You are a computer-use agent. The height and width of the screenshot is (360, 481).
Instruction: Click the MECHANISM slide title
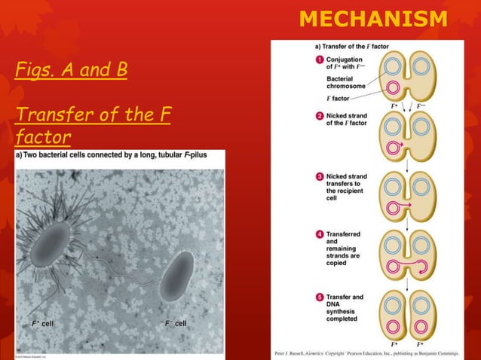[372, 18]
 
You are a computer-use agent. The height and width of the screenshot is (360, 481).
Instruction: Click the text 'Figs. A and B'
[71, 71]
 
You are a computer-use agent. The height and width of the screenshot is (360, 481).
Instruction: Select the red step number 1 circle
[320, 59]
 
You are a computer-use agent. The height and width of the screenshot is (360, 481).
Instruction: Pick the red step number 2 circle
[320, 117]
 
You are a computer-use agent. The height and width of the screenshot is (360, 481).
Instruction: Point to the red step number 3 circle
[320, 176]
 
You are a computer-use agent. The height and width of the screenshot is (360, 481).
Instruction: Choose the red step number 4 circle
[320, 234]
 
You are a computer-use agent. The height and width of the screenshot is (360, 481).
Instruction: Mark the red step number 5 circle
[320, 297]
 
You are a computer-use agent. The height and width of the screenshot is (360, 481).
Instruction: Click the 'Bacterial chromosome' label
[345, 82]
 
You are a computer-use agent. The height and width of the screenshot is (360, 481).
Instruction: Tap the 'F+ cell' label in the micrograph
[42, 323]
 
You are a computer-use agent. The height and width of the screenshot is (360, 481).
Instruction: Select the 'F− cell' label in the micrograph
[176, 323]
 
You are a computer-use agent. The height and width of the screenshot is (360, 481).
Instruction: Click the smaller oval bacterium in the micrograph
[176, 276]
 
